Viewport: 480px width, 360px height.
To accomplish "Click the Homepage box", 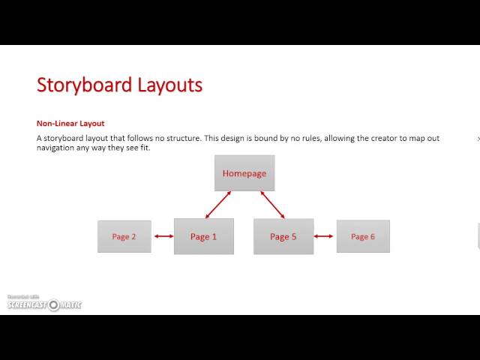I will [244, 173].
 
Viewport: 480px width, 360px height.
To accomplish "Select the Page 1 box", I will [203, 236].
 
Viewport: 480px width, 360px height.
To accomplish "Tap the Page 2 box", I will [124, 236].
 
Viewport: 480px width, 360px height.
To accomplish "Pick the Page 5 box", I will [283, 236].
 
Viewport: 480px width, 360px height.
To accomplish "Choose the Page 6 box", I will [363, 236].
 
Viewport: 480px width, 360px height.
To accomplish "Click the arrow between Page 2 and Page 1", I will [163, 236].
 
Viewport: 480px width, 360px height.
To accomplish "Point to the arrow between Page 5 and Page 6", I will [323, 236].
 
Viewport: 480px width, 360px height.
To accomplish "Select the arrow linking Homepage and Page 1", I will [217, 205].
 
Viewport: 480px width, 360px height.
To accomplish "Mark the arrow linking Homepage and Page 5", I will [272, 205].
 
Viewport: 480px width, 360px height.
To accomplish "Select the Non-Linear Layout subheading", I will [70, 124].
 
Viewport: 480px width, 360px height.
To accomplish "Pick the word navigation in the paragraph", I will [56, 148].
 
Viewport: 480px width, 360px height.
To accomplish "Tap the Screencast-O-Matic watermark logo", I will [45, 304].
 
